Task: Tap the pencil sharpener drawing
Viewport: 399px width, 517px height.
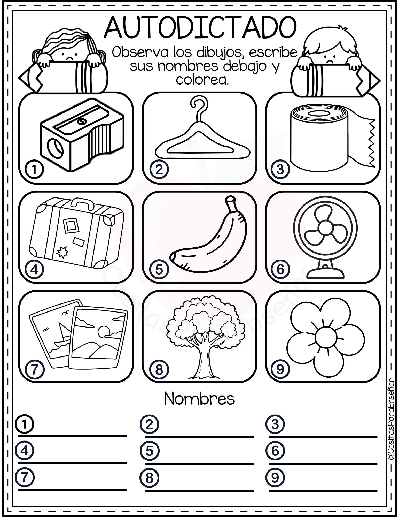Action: pos(82,135)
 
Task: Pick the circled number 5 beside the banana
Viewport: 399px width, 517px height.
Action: pos(159,269)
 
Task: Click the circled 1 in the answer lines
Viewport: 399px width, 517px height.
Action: pos(25,424)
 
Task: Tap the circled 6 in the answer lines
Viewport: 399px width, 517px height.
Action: pos(275,451)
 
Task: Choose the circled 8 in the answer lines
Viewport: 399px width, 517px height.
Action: pos(150,478)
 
